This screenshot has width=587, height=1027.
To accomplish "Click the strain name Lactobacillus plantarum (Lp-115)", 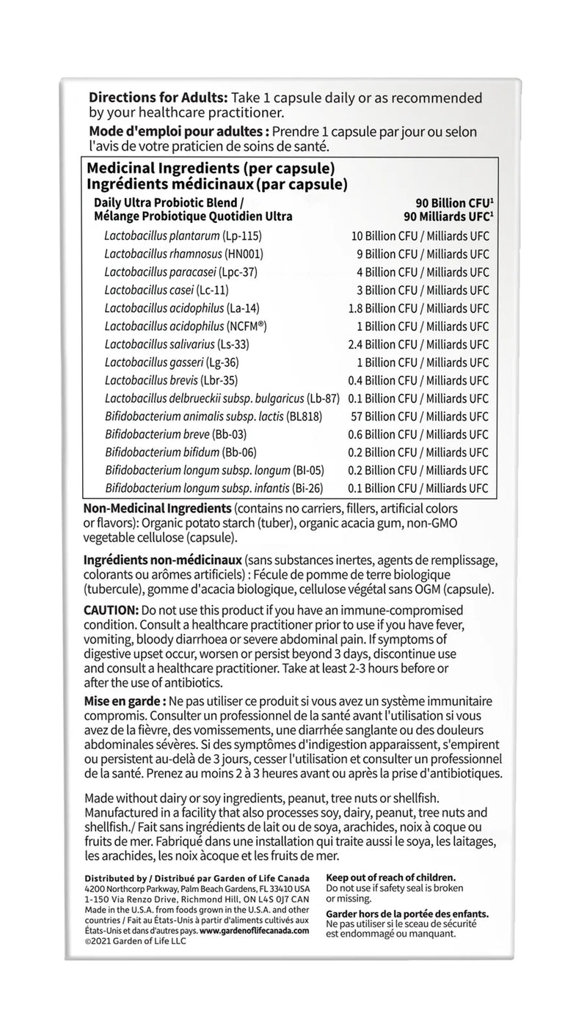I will point(183,236).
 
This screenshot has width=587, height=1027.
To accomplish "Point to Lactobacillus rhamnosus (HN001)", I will point(183,255).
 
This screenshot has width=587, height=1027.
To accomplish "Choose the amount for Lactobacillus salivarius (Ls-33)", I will point(418,344).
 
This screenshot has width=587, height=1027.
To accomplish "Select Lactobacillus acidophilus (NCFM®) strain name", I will point(184,326).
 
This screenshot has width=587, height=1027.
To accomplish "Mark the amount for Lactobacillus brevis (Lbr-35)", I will point(418,380).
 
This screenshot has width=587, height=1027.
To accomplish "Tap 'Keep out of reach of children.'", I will point(391,877).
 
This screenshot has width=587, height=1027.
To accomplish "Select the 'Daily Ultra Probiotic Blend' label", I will point(168,202).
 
